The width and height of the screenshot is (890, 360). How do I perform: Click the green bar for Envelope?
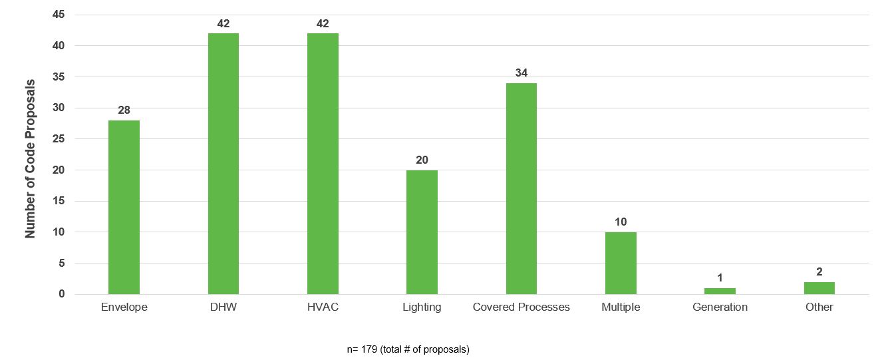pos(124,207)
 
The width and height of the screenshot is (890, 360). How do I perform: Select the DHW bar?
pos(223,164)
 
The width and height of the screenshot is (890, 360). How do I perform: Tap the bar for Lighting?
pos(422,232)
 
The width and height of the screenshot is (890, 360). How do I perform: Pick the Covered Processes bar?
pos(521,188)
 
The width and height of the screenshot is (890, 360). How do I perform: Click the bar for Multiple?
pos(621,263)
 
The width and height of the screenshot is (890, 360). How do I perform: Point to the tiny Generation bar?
pos(720,291)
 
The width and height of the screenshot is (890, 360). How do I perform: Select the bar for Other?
pos(819,288)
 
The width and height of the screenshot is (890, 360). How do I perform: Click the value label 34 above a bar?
pos(521,73)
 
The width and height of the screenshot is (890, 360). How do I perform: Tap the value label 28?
pos(124,110)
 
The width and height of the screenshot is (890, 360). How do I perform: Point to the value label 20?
pos(422,160)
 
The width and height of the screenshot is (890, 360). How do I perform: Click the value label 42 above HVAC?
pos(323,23)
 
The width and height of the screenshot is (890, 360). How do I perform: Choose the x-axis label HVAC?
pos(323,307)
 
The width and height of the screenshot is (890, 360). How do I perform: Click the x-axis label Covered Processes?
pos(521,307)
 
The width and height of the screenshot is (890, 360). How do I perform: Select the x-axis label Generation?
pos(720,307)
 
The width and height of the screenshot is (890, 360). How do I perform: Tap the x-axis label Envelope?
pos(124,307)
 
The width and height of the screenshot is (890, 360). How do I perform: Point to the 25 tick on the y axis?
pos(61,139)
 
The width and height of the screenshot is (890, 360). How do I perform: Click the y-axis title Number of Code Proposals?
pos(31,159)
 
